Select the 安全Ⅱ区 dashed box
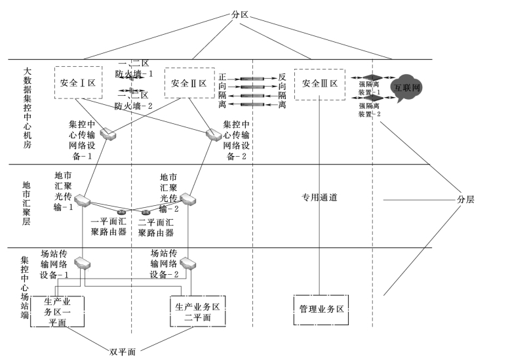click(189, 83)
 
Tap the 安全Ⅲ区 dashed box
click(320, 83)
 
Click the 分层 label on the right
click(465, 199)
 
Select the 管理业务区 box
click(321, 310)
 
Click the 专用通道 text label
click(319, 197)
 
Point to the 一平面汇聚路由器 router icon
click(120, 211)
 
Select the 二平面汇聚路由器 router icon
click(146, 211)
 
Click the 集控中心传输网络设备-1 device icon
click(109, 135)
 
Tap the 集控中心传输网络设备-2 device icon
click(214, 135)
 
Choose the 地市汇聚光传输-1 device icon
click(82, 199)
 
